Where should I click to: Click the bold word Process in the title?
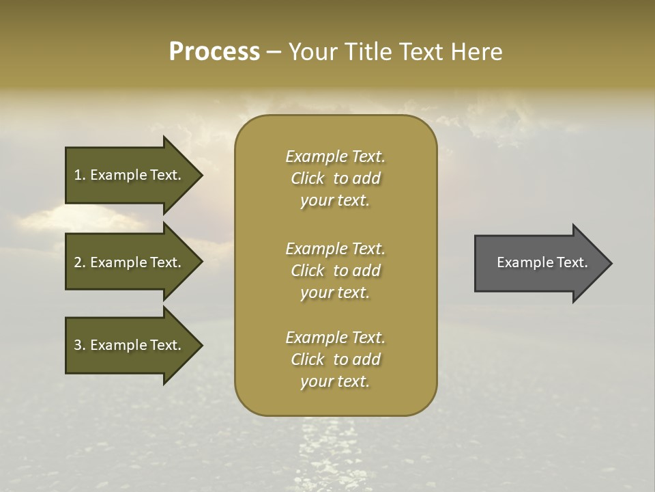pos(214,52)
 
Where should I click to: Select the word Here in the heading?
pos(476,52)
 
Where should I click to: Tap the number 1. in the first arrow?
pos(80,175)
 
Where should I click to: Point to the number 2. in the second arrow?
pos(80,262)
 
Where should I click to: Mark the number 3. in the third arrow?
pos(80,345)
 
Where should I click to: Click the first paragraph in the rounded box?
pos(335,178)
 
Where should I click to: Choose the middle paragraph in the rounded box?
pos(335,271)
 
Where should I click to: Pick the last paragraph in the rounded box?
pos(335,359)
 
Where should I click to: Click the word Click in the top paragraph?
pos(308,178)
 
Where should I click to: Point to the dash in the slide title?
pos(274,52)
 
